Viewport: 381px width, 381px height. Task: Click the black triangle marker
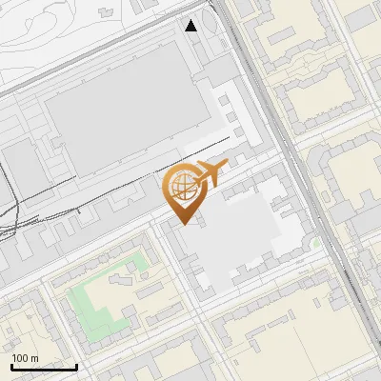point(191,26)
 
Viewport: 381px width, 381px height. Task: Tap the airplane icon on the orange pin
point(211,173)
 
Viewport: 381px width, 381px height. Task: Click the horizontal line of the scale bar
point(44,367)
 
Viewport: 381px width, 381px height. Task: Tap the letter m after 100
point(34,358)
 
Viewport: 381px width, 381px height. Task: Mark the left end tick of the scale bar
point(11,365)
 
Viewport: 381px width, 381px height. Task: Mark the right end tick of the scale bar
point(76,365)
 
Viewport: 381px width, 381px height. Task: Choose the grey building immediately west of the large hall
point(21,167)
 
